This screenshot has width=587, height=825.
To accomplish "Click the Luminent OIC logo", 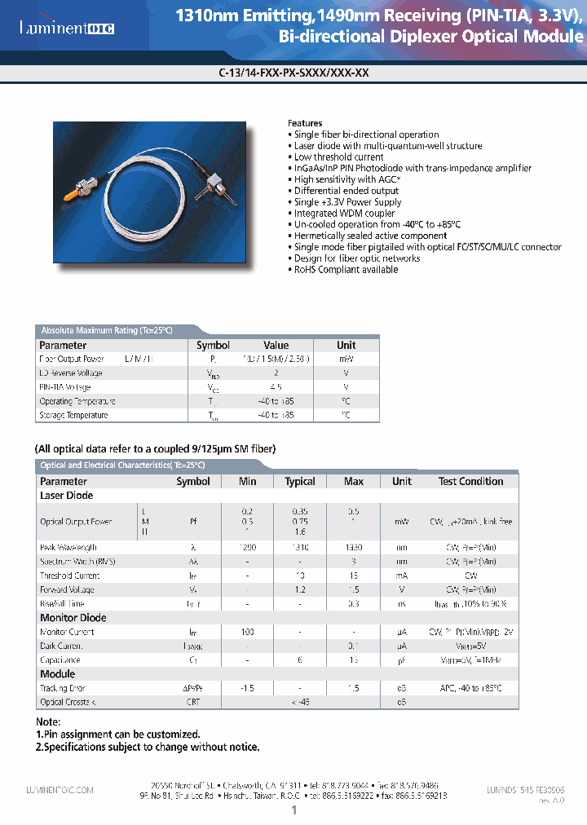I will pyautogui.click(x=67, y=29).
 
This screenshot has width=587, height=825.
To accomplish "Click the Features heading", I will pyautogui.click(x=305, y=123).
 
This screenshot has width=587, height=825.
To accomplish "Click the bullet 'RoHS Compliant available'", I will pyautogui.click(x=346, y=270).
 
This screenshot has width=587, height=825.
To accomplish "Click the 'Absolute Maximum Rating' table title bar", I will pyautogui.click(x=107, y=330).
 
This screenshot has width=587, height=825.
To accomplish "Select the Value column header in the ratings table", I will pyautogui.click(x=276, y=346).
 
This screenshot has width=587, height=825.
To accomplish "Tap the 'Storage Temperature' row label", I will pyautogui.click(x=73, y=416).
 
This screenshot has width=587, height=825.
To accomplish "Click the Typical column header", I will pyautogui.click(x=300, y=482).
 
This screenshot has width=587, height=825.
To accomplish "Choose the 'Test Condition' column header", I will pyautogui.click(x=470, y=482).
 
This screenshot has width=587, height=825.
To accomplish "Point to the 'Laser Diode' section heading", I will pyautogui.click(x=66, y=496).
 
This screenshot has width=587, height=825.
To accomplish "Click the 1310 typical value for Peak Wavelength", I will pyautogui.click(x=300, y=548).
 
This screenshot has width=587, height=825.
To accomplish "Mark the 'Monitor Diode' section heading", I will pyautogui.click(x=73, y=618).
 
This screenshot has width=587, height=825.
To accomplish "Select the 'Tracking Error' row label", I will pyautogui.click(x=62, y=689).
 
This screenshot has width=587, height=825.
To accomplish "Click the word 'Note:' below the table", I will pyautogui.click(x=48, y=722).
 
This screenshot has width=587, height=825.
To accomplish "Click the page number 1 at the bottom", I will pyautogui.click(x=293, y=810).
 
